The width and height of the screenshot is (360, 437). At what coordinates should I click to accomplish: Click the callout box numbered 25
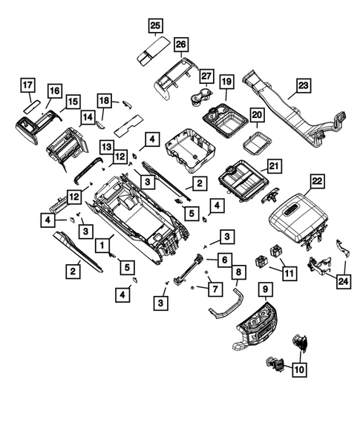(154, 26)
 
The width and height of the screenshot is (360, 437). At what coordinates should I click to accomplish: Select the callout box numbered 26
(180, 45)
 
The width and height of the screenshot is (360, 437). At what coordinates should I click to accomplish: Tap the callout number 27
(206, 76)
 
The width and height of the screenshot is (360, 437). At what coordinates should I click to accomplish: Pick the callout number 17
(27, 85)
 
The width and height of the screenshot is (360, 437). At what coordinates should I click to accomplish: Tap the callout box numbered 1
(98, 240)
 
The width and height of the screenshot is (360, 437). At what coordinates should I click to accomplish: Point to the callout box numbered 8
(237, 273)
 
